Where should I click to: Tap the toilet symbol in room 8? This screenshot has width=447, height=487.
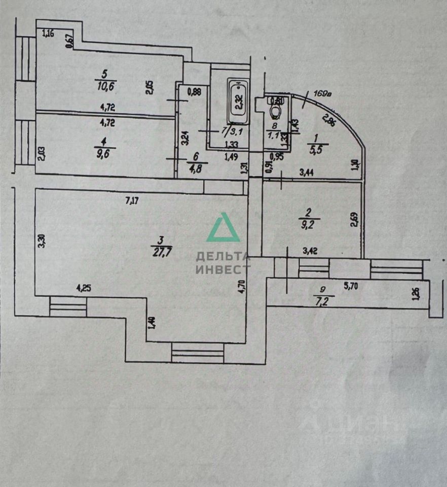[276, 111]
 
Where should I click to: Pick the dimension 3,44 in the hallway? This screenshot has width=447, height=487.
[307, 173]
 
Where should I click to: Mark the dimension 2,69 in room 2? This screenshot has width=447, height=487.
[354, 220]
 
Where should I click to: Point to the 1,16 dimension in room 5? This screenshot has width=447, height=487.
[48, 34]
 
